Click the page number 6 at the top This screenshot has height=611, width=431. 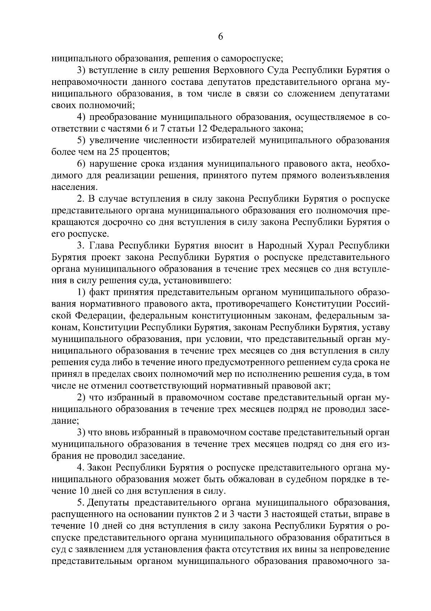coord(221,37)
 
